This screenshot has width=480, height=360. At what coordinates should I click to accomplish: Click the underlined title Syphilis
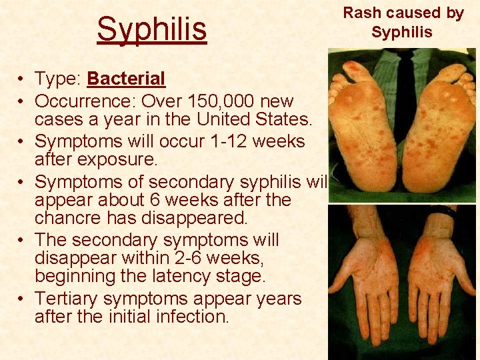[x=152, y=29]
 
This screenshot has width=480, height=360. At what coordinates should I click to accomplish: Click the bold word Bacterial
[x=126, y=79]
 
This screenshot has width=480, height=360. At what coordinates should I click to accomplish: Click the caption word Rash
[x=361, y=13]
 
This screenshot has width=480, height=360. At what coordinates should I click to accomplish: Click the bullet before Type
[x=22, y=79]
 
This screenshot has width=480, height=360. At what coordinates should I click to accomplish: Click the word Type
[x=56, y=79]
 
